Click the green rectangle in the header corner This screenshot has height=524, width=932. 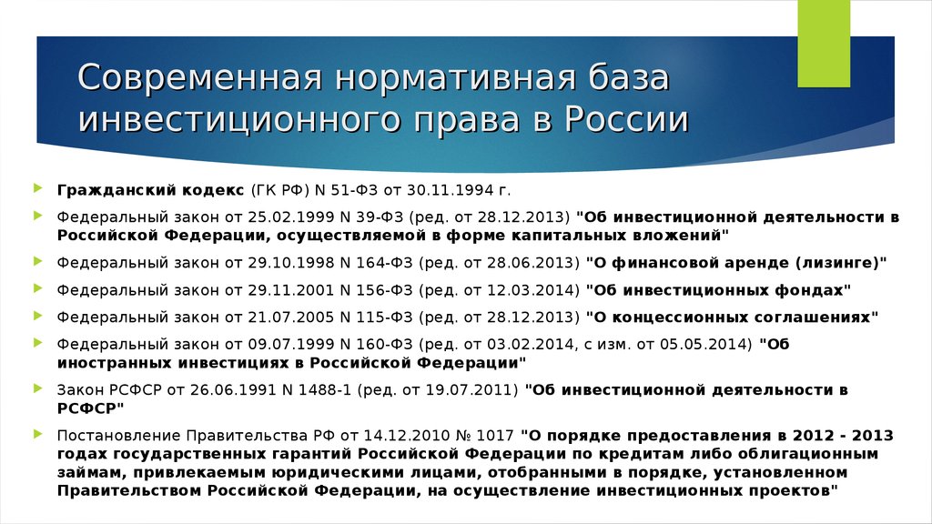point(823,44)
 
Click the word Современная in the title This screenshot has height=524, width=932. point(200,77)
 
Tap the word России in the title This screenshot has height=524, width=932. point(626,119)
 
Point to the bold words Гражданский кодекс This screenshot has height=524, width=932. point(150,190)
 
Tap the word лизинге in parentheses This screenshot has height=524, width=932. point(837,263)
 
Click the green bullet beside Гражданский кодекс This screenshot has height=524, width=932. point(38,188)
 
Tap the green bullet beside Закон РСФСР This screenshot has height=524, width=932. point(38,388)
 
